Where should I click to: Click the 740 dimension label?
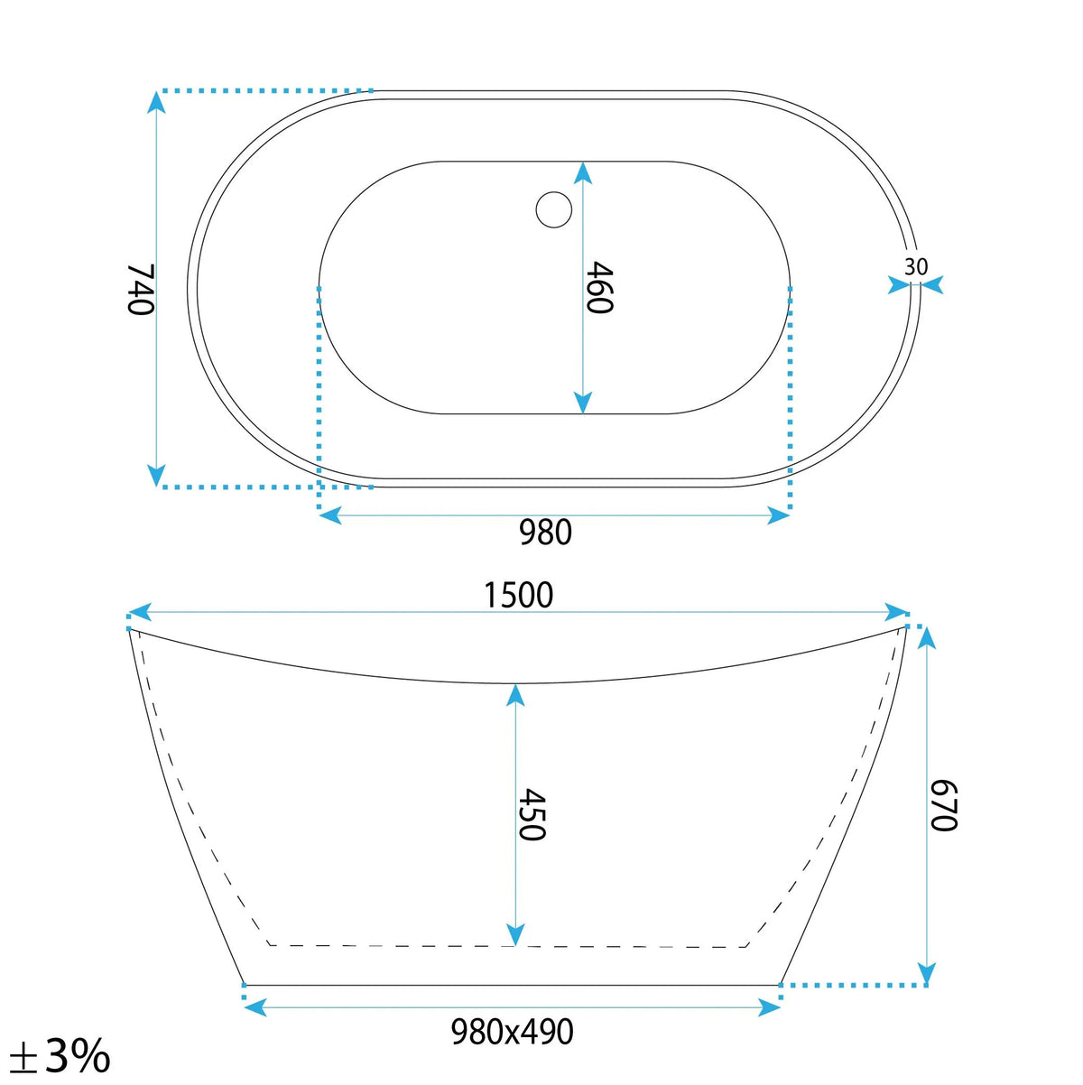(x=139, y=290)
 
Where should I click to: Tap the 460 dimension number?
(x=598, y=287)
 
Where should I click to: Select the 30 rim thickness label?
(x=916, y=266)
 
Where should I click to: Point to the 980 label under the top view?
(x=545, y=532)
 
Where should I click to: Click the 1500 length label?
(x=519, y=595)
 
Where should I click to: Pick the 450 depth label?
(x=531, y=815)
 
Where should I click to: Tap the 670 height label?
(x=943, y=806)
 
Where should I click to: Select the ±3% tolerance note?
(x=60, y=1054)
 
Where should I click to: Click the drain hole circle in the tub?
(x=553, y=209)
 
